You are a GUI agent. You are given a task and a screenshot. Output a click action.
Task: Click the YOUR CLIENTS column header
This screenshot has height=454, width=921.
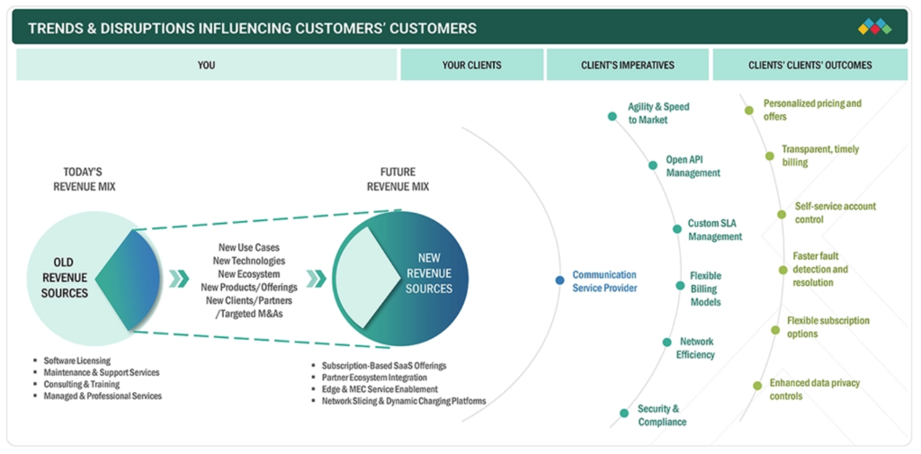tap(471, 65)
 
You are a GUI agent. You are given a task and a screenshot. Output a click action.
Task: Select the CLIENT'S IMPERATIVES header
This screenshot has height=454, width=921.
tap(627, 65)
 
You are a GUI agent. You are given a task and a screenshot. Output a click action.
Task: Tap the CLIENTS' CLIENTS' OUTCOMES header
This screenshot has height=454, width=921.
tap(810, 65)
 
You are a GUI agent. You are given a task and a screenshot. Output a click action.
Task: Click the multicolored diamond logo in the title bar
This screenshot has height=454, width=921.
tap(874, 27)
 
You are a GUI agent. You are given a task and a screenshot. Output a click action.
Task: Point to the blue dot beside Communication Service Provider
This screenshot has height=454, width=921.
tap(559, 280)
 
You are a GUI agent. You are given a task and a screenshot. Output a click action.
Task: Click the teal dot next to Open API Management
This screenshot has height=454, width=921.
tap(653, 165)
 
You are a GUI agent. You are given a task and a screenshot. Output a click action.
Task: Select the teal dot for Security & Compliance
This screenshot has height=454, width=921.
tap(624, 413)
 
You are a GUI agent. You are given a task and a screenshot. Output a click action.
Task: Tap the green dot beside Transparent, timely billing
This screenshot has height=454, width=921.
tap(770, 156)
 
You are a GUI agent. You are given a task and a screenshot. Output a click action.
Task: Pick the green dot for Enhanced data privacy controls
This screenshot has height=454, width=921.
tap(757, 386)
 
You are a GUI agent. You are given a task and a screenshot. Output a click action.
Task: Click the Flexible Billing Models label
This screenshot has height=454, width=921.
tap(705, 289)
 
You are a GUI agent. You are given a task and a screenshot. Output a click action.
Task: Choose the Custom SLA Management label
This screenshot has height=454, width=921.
tap(715, 229)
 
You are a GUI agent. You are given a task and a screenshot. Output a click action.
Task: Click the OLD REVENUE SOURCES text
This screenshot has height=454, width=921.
tap(64, 277)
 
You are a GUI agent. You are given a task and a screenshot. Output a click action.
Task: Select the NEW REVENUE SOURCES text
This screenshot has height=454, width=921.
tap(429, 273)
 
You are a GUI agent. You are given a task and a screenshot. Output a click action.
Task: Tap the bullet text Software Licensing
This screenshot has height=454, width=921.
tap(77, 361)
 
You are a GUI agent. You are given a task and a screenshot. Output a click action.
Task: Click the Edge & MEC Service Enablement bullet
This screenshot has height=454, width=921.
tap(380, 388)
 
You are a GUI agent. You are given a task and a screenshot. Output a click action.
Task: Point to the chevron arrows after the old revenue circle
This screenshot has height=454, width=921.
tap(179, 279)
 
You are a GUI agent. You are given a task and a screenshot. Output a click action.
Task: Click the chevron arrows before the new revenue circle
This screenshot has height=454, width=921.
tap(316, 279)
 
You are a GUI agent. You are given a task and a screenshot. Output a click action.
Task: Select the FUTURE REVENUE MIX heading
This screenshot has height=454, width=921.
tap(398, 179)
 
